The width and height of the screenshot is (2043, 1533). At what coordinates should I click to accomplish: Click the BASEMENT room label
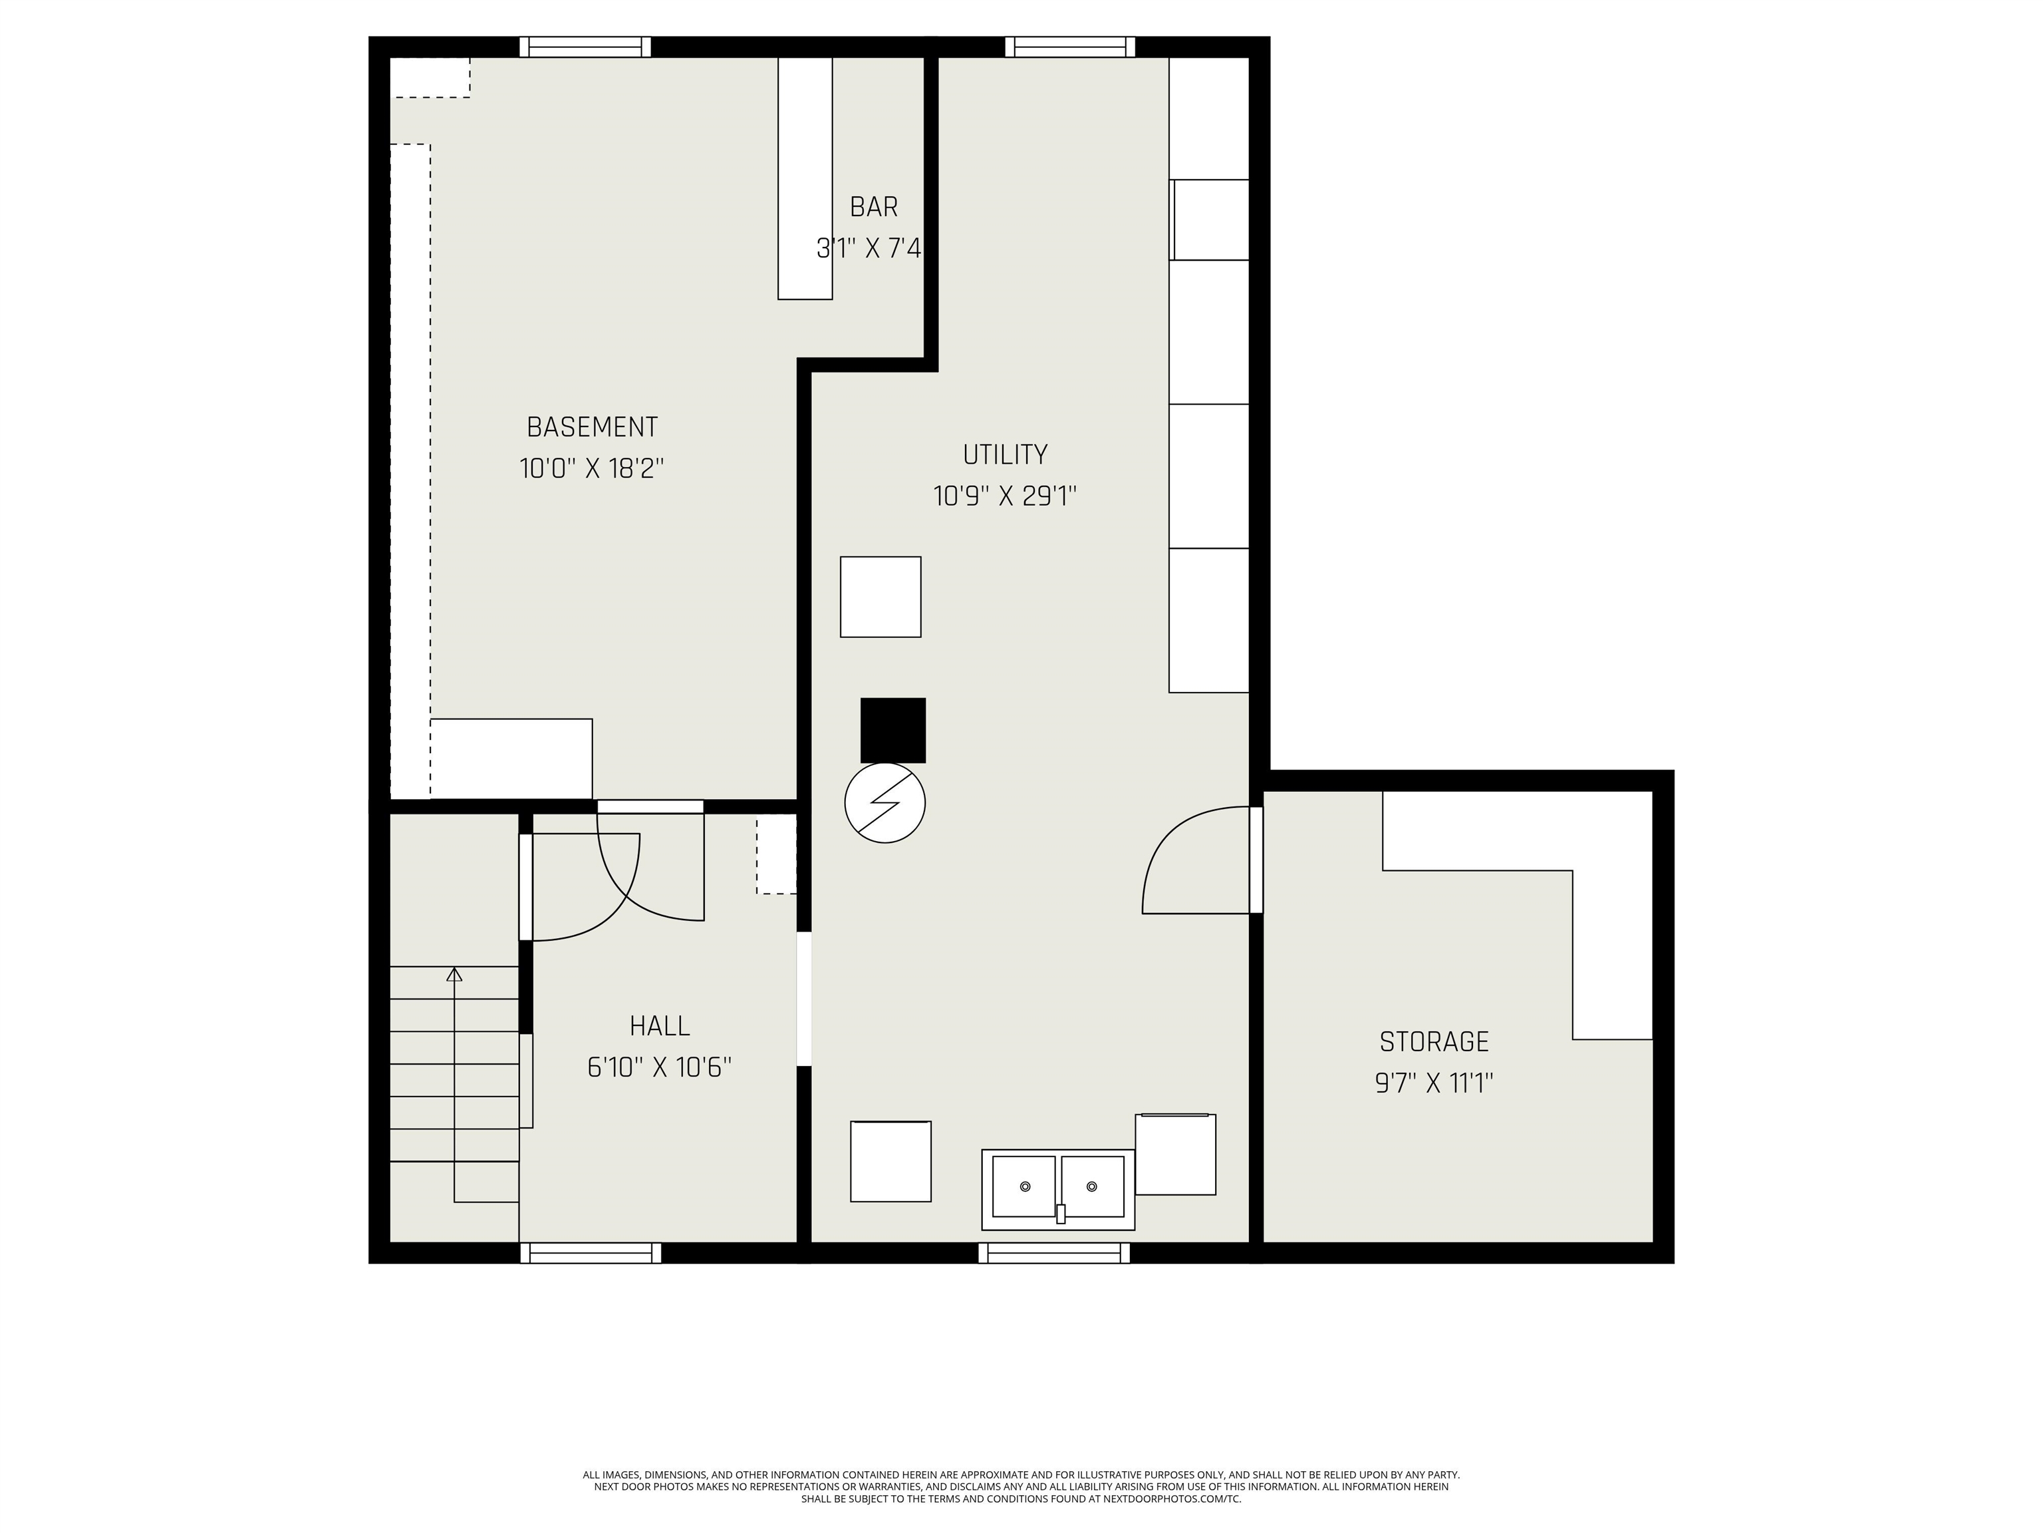pos(591,427)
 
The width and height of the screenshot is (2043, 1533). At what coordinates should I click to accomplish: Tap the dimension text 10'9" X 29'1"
pos(1005,497)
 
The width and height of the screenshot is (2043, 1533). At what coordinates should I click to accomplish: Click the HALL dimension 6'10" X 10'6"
pos(660,1067)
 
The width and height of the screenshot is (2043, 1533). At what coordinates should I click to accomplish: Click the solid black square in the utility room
pos(892,730)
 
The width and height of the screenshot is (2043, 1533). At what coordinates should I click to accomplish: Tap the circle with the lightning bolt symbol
pos(885,803)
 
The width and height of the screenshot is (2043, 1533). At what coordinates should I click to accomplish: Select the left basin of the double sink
pos(1023,1186)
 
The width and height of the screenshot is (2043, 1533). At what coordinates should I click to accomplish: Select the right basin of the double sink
pos(1093,1186)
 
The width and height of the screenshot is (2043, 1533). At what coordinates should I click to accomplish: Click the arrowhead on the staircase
pos(454,974)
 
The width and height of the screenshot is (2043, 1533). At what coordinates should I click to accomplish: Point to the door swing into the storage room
pos(1192,864)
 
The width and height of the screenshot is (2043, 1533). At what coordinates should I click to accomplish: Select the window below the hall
pos(591,1252)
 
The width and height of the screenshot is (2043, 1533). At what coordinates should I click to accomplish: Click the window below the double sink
pos(1054,1252)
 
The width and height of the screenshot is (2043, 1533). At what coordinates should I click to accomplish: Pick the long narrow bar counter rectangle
pos(805,178)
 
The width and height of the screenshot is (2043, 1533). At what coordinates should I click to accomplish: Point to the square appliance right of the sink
pos(1175,1154)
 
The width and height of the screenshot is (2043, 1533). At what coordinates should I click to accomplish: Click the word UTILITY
pos(1005,454)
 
